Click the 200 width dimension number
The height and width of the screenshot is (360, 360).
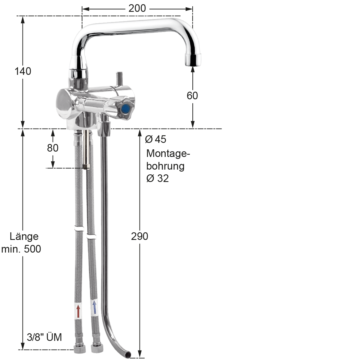pos(137,8)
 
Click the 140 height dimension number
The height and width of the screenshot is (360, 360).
pos(23,71)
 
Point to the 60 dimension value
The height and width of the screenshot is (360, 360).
pos(192,96)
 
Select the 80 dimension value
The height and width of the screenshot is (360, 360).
pos(53,148)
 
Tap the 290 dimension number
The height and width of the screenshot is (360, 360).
pos(139,236)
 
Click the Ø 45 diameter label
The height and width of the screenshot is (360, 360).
pos(156,139)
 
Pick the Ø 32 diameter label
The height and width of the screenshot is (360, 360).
pos(158,178)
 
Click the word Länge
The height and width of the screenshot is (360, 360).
pos(24,237)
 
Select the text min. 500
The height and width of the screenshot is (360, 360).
pos(21,249)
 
